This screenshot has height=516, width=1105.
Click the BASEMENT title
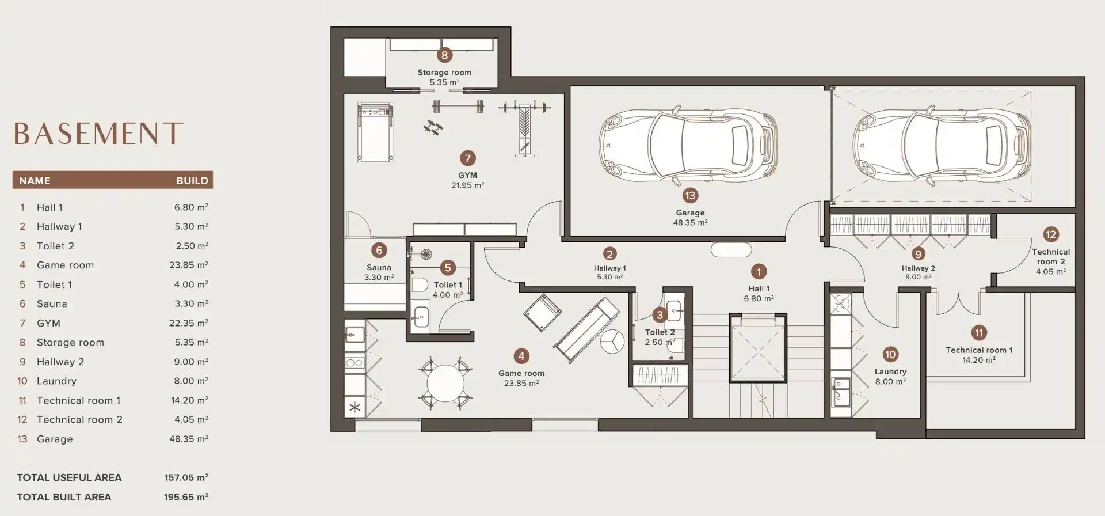click(98, 133)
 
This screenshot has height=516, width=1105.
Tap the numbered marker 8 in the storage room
click(444, 55)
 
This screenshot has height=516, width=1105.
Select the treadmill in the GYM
click(375, 132)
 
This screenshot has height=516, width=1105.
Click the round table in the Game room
click(445, 383)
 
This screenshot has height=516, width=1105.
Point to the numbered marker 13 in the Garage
click(689, 195)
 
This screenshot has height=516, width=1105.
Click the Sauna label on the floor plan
click(379, 267)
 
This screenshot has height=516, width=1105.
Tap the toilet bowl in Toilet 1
click(419, 284)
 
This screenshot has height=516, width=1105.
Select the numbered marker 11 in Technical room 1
click(978, 333)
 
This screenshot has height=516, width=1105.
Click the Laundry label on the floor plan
click(890, 371)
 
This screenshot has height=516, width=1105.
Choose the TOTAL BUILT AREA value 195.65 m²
click(186, 497)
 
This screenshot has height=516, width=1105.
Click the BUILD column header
click(192, 181)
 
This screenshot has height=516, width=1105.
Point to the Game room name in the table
click(65, 265)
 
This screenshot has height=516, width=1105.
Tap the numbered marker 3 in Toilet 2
click(660, 314)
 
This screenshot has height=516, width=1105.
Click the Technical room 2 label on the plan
click(1051, 256)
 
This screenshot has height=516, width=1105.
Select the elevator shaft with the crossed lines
click(759, 348)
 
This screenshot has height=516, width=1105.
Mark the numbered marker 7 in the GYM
click(467, 158)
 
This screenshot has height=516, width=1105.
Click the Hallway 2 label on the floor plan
click(918, 268)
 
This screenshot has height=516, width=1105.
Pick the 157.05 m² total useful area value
click(186, 477)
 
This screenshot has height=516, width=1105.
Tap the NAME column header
click(35, 181)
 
